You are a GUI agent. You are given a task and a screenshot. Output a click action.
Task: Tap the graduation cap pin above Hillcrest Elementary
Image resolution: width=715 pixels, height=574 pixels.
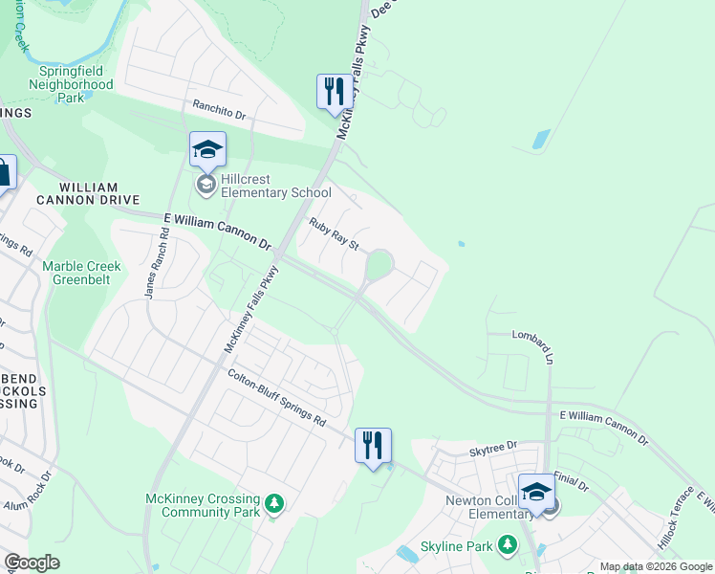pos(207,150)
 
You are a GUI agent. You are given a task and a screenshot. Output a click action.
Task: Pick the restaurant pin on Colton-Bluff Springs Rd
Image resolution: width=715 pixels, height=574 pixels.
pos(373,446)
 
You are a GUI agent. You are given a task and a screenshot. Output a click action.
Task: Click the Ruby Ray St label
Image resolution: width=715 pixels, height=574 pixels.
pos(333,234)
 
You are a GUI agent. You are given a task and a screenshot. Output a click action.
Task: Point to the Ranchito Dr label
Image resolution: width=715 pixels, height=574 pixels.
pos(219,111)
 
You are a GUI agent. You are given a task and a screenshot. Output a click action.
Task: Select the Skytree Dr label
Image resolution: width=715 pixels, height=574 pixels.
pos(492,447)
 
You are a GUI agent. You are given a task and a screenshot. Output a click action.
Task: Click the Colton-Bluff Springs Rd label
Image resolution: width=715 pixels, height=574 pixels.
pos(276,398)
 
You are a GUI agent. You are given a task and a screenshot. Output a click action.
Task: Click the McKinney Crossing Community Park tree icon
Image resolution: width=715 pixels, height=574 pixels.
pos(274,503)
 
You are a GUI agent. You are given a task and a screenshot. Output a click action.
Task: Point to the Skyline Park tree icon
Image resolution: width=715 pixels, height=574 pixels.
pos(507,545)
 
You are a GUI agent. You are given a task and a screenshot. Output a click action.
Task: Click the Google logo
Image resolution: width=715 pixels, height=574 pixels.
pos(32,563)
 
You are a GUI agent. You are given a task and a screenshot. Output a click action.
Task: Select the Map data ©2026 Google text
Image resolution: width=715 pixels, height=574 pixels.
pos(655,566)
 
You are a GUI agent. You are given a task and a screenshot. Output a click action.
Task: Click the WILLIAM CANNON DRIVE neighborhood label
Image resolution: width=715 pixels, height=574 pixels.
pos(88,193)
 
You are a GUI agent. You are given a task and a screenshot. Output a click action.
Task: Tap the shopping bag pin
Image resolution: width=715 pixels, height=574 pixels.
pos(4,174)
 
